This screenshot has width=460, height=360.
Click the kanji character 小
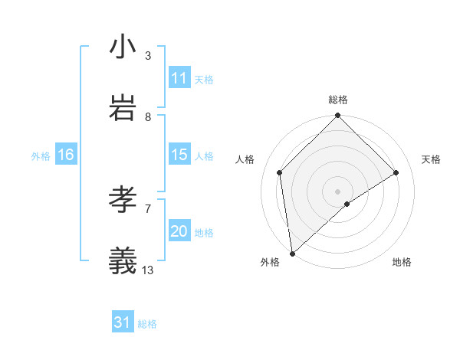point(123,47)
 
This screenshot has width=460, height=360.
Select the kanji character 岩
point(123,108)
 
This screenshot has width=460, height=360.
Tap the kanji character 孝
point(123,200)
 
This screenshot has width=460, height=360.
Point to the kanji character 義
point(123,261)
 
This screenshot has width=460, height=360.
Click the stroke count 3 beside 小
point(148,55)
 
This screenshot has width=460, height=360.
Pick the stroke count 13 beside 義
point(148,270)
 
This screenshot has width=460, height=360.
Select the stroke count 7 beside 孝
point(148,208)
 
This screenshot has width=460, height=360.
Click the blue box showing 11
point(179,78)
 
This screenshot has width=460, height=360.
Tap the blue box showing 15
point(179,155)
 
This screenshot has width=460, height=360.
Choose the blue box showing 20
point(179,231)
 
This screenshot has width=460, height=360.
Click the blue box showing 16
point(66,155)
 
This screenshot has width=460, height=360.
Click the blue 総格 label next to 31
point(147,324)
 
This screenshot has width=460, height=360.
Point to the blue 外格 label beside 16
point(41,156)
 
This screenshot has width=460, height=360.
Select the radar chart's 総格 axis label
point(338,100)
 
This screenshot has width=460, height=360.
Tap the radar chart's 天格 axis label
point(432,159)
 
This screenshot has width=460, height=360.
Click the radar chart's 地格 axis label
point(402,262)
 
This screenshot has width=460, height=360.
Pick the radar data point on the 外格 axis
point(291,254)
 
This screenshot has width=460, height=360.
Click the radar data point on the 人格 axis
point(280,172)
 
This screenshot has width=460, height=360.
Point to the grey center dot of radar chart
point(338,190)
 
